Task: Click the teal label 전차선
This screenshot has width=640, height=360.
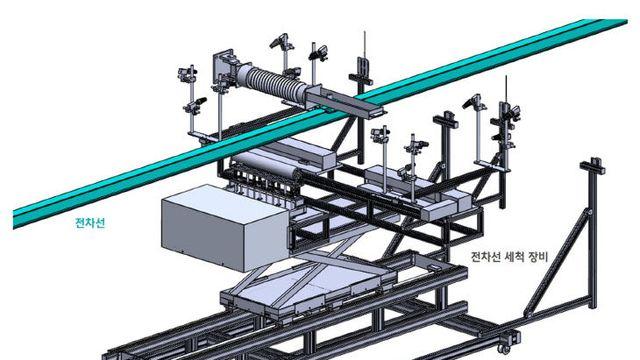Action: [x=90, y=223]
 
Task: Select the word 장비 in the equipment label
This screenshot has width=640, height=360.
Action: [x=538, y=257]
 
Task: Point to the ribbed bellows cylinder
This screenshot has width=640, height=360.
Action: [x=276, y=84]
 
